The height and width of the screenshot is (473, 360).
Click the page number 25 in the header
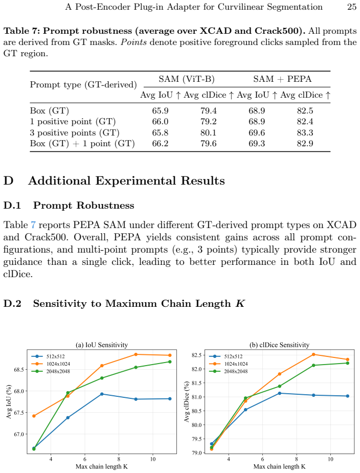click(x=351, y=7)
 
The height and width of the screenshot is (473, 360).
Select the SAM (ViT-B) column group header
click(x=187, y=79)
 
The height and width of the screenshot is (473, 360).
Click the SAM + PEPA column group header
click(x=282, y=79)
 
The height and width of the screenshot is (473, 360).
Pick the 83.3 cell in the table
click(x=305, y=133)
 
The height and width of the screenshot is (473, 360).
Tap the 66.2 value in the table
click(x=160, y=144)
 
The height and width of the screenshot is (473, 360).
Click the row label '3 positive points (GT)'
click(x=75, y=133)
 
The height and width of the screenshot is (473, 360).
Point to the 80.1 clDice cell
click(x=209, y=133)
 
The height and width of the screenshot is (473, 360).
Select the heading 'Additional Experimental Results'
click(x=126, y=181)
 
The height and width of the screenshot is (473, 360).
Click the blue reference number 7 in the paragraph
click(x=33, y=225)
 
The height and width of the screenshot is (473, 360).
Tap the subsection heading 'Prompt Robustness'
click(x=83, y=206)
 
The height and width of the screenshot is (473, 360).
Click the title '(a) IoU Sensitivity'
click(x=101, y=345)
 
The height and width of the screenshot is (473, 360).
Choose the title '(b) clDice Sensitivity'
click(x=279, y=345)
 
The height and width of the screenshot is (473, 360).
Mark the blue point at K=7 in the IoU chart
click(x=102, y=394)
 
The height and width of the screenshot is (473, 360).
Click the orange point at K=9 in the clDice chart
click(x=313, y=354)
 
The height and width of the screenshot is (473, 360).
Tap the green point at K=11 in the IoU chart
click(x=170, y=362)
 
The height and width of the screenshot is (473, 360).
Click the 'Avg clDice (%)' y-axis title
click(x=187, y=401)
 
